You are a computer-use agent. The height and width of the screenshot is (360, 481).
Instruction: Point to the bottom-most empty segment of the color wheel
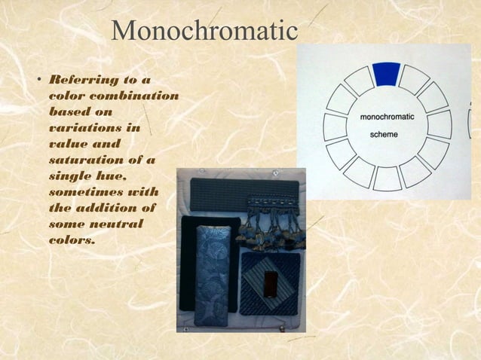pyautogui.click(x=388, y=178)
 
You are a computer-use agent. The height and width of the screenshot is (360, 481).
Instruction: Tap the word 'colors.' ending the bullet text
pyautogui.click(x=72, y=239)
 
